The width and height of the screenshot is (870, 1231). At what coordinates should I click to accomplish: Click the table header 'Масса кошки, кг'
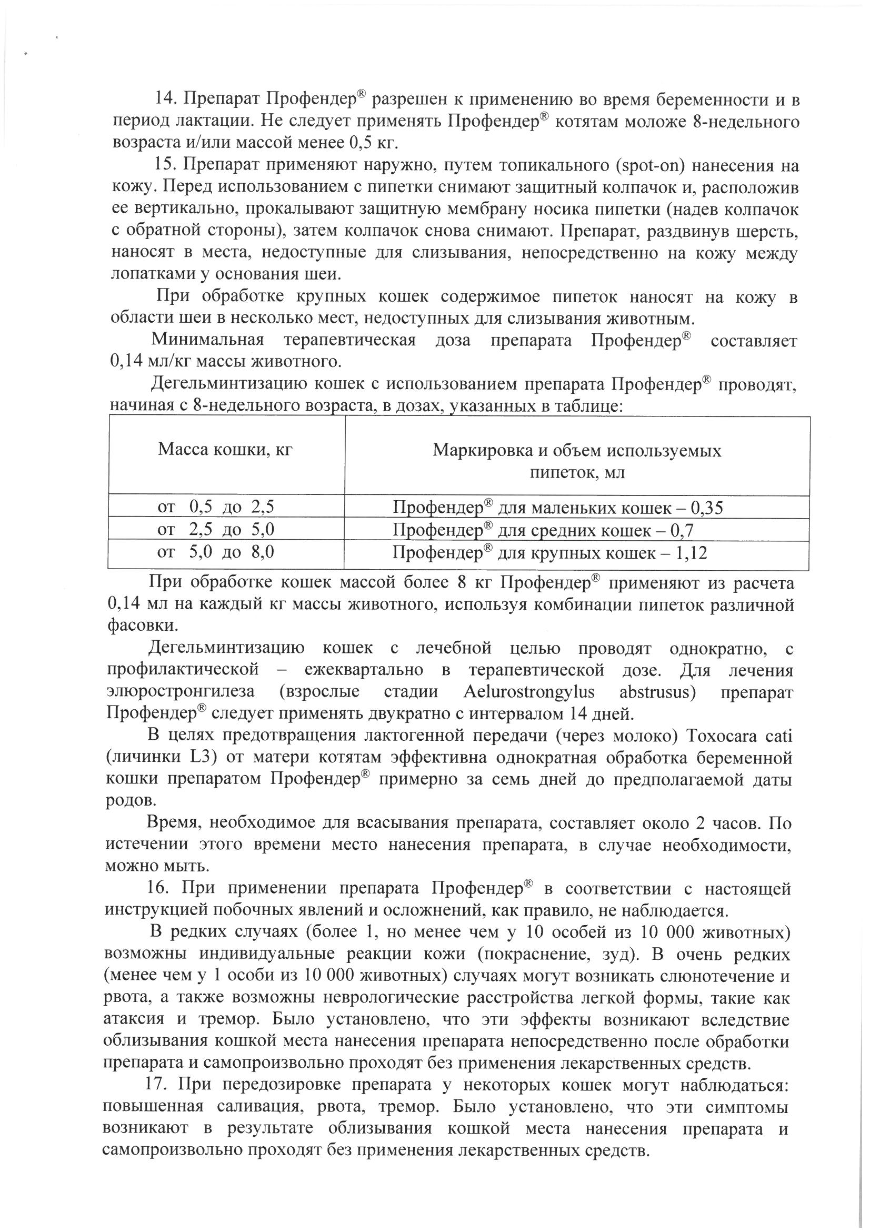[225, 449]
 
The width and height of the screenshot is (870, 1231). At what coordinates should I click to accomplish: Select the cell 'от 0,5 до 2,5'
[215, 507]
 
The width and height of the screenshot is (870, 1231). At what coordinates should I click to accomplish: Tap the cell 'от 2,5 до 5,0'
[215, 530]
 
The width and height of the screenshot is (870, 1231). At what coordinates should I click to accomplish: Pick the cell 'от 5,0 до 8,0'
[215, 552]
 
